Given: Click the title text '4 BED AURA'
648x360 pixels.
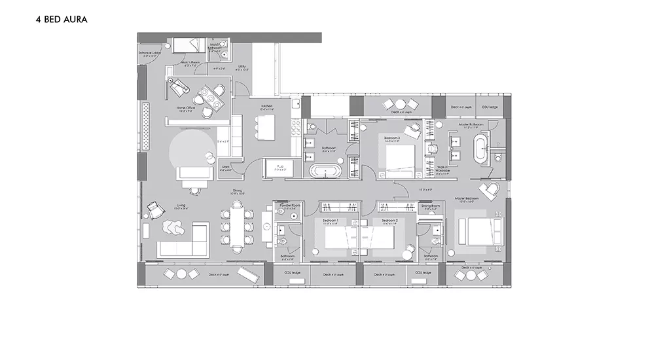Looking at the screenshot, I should (62, 20).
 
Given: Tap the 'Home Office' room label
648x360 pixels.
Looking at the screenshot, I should (186, 108).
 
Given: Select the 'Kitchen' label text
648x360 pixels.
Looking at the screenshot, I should (266, 106).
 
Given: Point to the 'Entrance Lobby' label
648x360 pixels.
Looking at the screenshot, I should (149, 53).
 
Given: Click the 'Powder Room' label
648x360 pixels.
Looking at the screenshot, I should (290, 206).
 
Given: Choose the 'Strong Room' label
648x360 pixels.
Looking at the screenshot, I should (431, 206).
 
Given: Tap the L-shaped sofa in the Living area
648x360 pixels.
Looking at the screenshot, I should (181, 242).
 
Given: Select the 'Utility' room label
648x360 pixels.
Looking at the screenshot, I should (242, 66).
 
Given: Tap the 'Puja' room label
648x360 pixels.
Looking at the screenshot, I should (281, 166).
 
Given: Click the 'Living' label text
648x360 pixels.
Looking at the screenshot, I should (181, 205).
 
